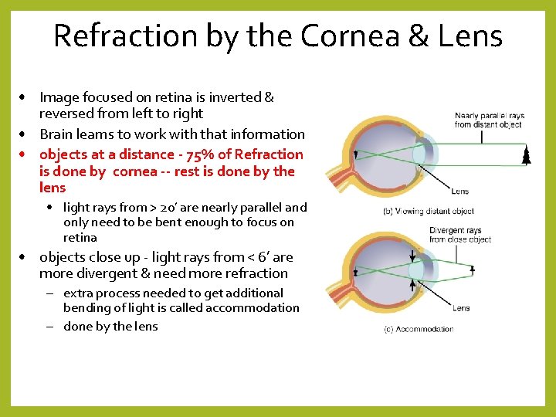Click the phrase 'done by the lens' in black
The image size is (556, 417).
click(110, 327)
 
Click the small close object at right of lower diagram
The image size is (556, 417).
click(472, 271)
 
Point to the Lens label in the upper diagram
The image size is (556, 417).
click(459, 191)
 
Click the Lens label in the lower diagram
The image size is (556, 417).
click(461, 308)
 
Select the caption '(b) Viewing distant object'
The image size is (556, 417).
click(429, 211)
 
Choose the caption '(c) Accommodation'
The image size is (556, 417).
click(419, 329)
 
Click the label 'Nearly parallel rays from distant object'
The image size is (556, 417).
click(490, 120)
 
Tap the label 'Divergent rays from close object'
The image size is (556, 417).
click(460, 235)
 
